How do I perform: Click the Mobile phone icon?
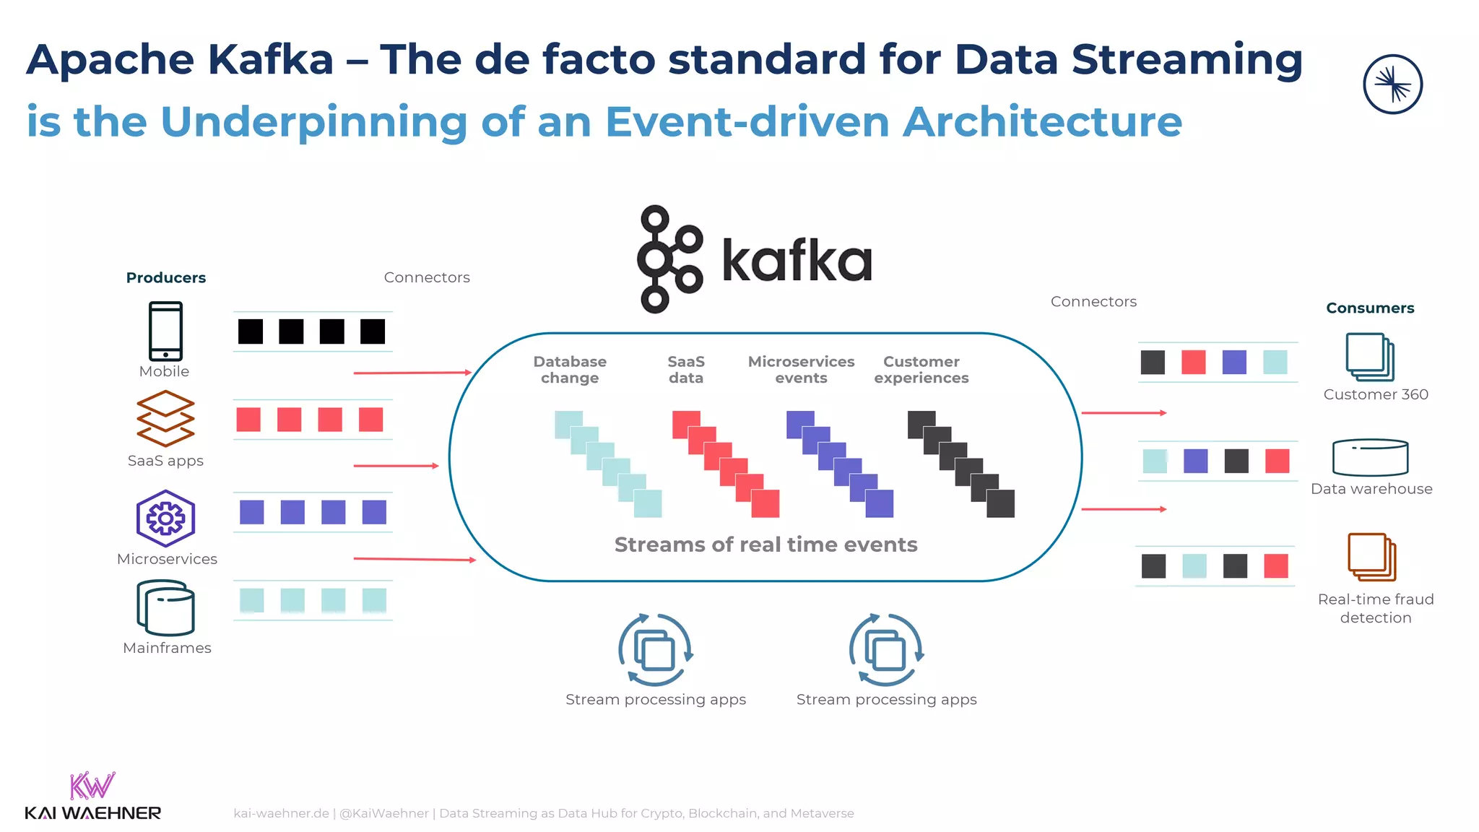point(165,331)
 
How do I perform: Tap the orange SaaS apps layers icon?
point(165,418)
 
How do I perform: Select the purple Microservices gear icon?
point(165,518)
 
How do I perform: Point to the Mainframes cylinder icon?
point(165,608)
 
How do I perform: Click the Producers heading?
point(165,278)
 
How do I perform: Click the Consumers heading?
point(1370,308)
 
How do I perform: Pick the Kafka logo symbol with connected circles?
point(668,259)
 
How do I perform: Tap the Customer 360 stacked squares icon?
point(1369,357)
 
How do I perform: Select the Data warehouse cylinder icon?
point(1370,457)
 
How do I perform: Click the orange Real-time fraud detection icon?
point(1371,557)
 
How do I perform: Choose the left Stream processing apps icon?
point(655,649)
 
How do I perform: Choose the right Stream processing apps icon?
point(886,649)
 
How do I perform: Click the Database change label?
point(570,370)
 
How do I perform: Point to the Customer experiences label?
point(921,370)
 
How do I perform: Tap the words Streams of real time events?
point(765,545)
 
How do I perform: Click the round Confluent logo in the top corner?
point(1392,84)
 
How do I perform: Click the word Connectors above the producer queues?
point(427,278)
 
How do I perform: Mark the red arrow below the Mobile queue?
point(412,373)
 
